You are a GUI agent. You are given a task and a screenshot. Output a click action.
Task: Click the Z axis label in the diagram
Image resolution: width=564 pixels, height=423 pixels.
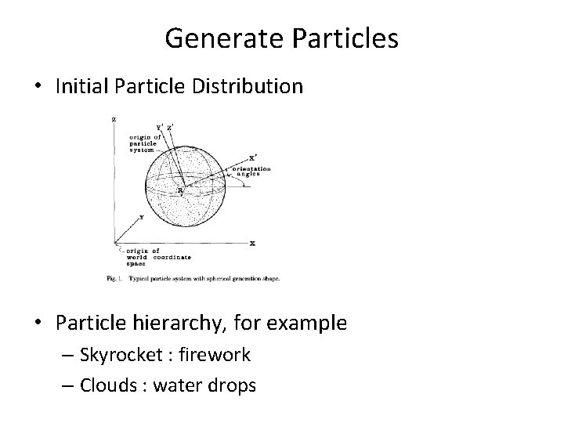tap(114, 119)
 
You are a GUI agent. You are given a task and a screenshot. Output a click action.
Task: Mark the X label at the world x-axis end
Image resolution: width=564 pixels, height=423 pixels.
tap(252, 244)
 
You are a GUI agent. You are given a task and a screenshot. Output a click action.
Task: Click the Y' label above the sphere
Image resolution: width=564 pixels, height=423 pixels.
tap(160, 127)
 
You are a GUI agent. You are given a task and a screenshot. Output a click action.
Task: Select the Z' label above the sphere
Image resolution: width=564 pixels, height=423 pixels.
tap(171, 127)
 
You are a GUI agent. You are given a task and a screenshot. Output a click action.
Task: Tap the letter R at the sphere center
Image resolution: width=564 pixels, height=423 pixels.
tap(179, 190)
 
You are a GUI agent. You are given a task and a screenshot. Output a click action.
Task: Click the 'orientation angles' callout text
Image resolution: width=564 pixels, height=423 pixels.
tap(251, 172)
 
